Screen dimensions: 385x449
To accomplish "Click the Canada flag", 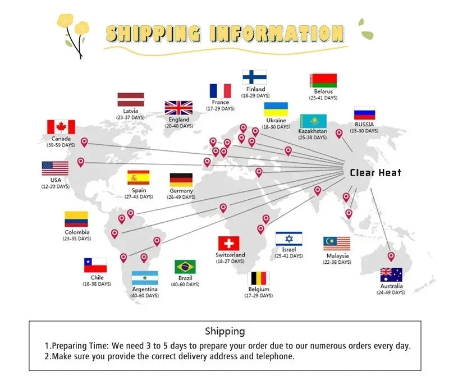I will click(61, 127).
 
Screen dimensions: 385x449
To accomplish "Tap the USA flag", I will click(55, 168).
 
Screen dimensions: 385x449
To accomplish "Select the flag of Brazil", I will click(185, 267).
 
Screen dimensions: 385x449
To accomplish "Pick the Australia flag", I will click(391, 275).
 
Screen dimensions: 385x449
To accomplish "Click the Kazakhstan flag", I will click(313, 121).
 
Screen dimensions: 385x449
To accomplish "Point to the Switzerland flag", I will click(228, 243).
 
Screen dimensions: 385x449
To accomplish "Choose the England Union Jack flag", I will click(178, 108).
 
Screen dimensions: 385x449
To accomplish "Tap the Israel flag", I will click(289, 239).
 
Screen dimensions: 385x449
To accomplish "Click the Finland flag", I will click(254, 77).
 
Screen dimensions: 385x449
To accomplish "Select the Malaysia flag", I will click(337, 243).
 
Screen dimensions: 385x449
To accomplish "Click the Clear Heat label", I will click(375, 172).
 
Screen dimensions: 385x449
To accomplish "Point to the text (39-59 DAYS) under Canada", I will click(61, 145).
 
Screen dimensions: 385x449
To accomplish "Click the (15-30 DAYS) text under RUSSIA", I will click(364, 131).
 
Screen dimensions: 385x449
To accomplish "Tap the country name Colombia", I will click(76, 232).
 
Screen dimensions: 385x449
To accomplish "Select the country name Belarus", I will click(323, 91).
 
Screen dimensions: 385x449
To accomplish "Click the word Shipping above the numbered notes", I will click(224, 331).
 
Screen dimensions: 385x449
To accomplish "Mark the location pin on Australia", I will click(391, 256).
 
